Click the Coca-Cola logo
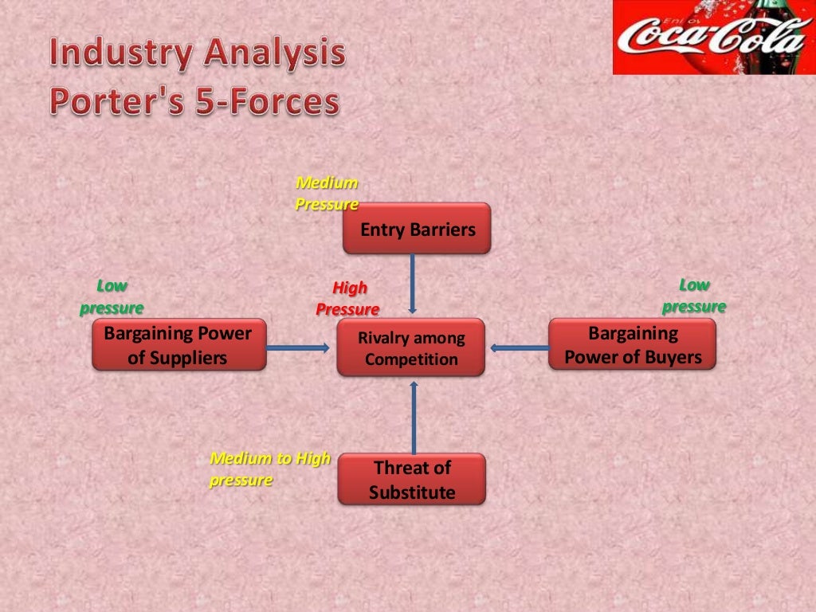(x=714, y=37)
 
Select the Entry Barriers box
(x=417, y=229)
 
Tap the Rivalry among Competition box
(x=410, y=347)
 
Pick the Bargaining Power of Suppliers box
(x=178, y=345)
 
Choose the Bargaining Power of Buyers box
(x=632, y=344)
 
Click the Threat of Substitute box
(x=411, y=479)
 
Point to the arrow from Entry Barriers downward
(x=413, y=284)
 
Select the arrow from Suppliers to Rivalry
(x=298, y=347)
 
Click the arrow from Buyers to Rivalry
(x=520, y=347)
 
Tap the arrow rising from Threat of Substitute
(x=414, y=418)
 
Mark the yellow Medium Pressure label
(x=327, y=194)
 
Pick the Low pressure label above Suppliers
(x=112, y=297)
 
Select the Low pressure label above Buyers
(x=694, y=296)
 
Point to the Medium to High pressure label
(x=269, y=469)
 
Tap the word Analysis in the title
(x=274, y=54)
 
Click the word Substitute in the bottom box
(x=412, y=492)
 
